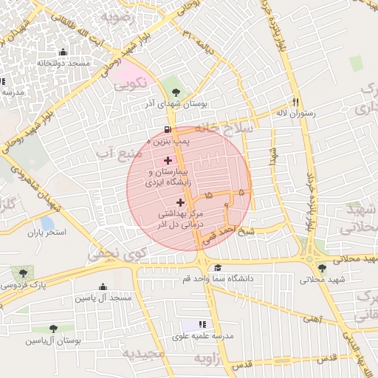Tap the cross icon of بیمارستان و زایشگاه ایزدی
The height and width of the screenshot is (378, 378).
click(x=168, y=159)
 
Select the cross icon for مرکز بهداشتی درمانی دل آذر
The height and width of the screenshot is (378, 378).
click(x=181, y=202)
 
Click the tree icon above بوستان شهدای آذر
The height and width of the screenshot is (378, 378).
click(x=175, y=93)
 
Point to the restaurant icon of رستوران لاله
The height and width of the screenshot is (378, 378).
click(x=297, y=103)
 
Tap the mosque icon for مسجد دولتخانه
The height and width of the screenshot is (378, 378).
click(x=63, y=52)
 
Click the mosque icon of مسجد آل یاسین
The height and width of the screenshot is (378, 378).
click(x=103, y=287)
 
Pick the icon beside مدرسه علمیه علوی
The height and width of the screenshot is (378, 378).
click(x=202, y=324)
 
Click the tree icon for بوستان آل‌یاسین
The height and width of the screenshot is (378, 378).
click(x=53, y=329)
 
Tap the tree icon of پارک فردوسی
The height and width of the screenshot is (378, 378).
click(x=14, y=273)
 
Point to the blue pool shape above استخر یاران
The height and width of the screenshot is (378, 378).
click(x=47, y=222)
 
